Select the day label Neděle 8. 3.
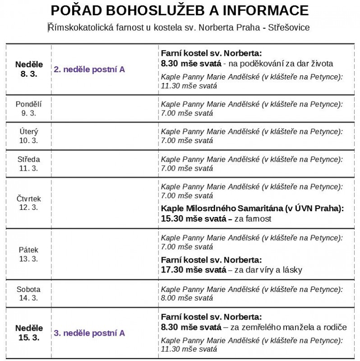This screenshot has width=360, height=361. click(28, 69)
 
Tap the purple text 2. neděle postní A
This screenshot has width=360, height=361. click(89, 69)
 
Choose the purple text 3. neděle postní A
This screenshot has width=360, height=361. click(89, 333)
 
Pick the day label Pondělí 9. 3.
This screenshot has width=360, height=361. click(28, 108)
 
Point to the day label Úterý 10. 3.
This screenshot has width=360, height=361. click(28, 136)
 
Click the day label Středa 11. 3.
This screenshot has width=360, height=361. click(28, 163)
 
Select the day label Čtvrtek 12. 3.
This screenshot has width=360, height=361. click(28, 203)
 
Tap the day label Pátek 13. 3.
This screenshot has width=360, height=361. click(28, 254)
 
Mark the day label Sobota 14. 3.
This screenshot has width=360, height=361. click(28, 293)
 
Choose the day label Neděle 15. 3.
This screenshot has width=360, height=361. click(28, 333)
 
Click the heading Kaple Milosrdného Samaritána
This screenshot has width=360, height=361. click(221, 209)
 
